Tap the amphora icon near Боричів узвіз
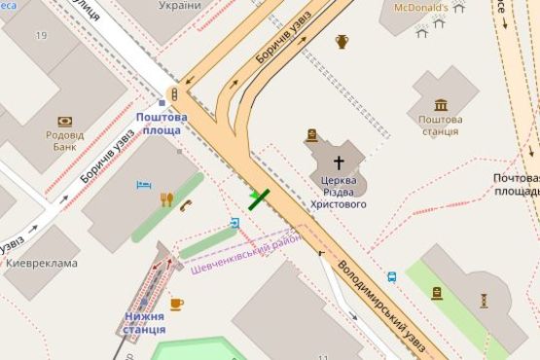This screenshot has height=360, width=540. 342,41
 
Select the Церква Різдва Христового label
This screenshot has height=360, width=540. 340,193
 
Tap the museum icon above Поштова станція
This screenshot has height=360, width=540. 442,104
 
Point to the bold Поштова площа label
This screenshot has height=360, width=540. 161,124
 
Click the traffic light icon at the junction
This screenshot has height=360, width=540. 174,94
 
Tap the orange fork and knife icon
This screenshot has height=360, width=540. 166,199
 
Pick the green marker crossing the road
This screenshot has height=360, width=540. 259,198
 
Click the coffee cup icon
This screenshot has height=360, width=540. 176,304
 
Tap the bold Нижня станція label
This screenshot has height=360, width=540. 144,323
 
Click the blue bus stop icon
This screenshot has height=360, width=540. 391,276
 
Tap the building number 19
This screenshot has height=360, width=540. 41,35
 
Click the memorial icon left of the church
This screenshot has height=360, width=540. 311,135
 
